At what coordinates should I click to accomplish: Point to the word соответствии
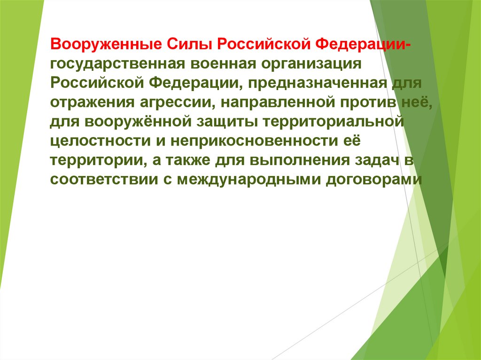click(95, 180)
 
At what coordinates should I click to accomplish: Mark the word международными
click(249, 180)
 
